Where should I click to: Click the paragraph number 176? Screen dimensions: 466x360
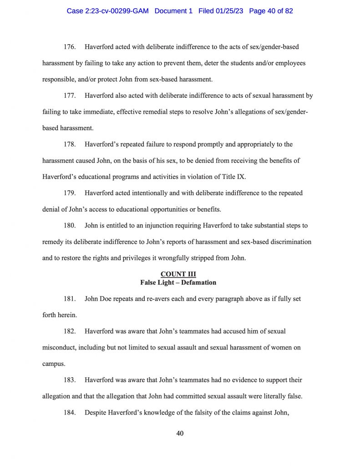pos(70,47)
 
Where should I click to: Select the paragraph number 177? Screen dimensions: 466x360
pos(70,96)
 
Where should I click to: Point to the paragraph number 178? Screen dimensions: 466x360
pos(70,144)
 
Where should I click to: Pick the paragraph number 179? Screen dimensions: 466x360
pos(70,193)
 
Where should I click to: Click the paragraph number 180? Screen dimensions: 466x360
pos(70,226)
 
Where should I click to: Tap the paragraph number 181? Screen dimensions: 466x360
pos(70,299)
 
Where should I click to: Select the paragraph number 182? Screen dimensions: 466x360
pos(70,331)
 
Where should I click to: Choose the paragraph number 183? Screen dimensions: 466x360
pos(70,380)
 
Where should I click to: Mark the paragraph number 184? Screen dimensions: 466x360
pos(70,413)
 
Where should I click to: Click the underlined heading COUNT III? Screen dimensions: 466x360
pos(178,274)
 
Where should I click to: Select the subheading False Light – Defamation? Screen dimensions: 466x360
pos(178,283)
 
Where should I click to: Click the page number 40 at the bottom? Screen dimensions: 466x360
pos(180,433)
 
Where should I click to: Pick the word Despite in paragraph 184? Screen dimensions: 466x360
pos(96,413)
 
